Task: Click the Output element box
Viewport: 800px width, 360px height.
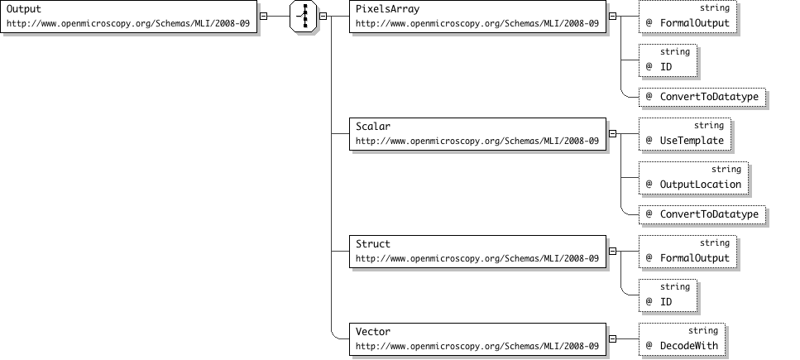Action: (128, 17)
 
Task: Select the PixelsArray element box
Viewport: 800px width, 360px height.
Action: (477, 17)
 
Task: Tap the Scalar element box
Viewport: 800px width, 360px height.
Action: (477, 134)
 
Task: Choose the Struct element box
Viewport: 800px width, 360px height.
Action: (477, 252)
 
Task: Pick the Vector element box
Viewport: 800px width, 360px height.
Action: (477, 339)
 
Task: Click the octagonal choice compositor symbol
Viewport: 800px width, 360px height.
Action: (304, 17)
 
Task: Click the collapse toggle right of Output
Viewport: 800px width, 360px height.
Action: (263, 17)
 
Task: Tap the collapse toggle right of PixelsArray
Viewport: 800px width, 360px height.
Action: (612, 17)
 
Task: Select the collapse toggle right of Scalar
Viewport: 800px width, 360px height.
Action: (612, 134)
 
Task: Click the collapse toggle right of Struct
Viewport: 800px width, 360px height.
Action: (612, 252)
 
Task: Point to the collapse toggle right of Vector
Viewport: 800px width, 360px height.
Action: (612, 339)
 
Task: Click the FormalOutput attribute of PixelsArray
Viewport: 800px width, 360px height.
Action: (687, 17)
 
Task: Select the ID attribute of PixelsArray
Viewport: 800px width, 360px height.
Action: (668, 60)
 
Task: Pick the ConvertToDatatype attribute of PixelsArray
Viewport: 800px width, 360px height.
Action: (702, 97)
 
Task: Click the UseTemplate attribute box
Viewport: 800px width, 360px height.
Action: (685, 134)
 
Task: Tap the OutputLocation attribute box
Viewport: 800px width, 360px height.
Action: (693, 178)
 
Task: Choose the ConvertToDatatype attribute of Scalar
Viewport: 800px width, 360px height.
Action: (702, 214)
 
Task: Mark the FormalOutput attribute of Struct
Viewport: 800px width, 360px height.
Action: (687, 252)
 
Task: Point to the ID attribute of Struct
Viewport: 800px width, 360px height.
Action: (668, 295)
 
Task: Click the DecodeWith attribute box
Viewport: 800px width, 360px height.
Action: (682, 339)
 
